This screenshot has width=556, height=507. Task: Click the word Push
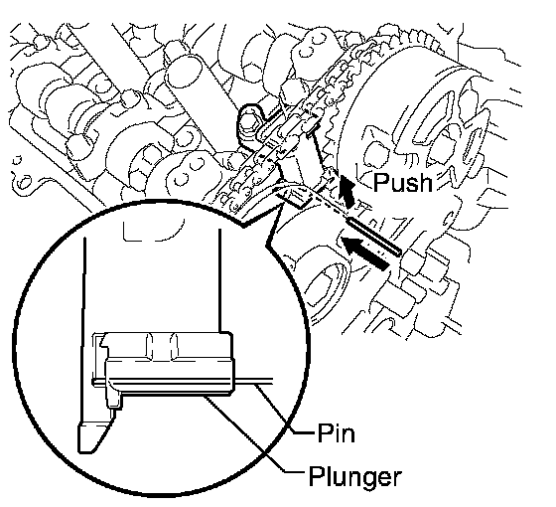click(403, 182)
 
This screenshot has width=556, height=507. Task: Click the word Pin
click(336, 432)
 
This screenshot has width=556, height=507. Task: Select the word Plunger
click(355, 478)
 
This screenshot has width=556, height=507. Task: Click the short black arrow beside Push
click(347, 192)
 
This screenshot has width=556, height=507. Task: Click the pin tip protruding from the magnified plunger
click(253, 382)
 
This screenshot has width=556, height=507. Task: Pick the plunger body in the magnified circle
click(170, 364)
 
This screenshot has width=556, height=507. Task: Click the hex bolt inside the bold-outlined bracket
click(249, 121)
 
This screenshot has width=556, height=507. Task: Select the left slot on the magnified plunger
click(149, 346)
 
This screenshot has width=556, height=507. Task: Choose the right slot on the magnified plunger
click(175, 346)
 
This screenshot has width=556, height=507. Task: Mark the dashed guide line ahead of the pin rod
click(330, 204)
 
